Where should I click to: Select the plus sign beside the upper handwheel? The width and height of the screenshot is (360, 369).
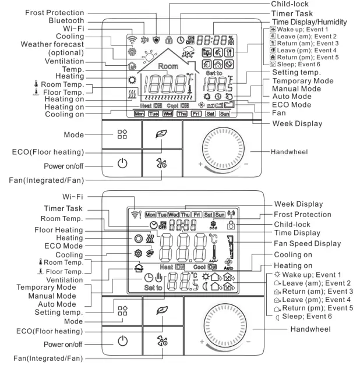point(199,165)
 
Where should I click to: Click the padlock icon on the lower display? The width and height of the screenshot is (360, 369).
point(248,225)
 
